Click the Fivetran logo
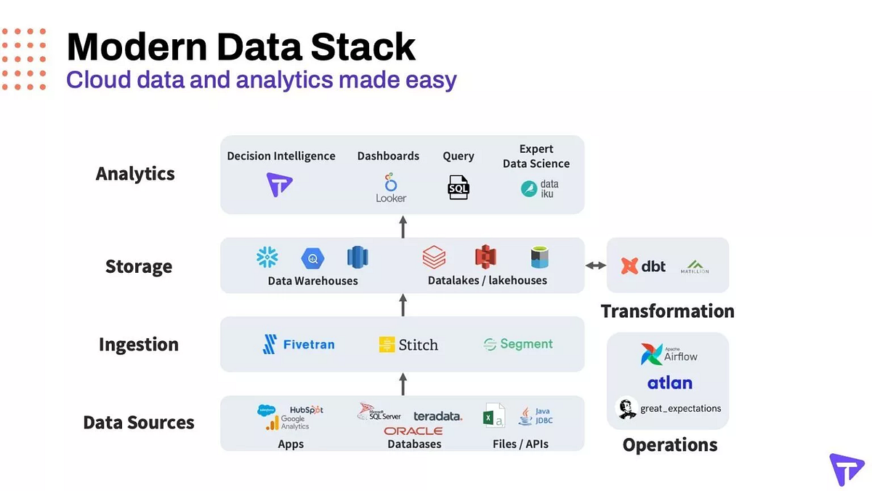(x=299, y=344)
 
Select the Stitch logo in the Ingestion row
(x=408, y=345)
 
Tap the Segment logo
(x=518, y=344)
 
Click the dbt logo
(x=644, y=266)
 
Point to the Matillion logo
(x=694, y=267)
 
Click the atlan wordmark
(x=669, y=383)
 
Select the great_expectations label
(x=680, y=408)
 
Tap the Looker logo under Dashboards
(x=391, y=187)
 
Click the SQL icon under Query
(x=459, y=188)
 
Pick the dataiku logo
(x=540, y=188)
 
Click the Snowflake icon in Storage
(x=267, y=257)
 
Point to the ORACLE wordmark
(x=413, y=431)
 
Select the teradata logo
(x=437, y=416)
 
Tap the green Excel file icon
(x=494, y=416)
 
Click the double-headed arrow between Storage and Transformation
(x=595, y=266)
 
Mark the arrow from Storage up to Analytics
(x=403, y=226)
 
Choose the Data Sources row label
(x=139, y=423)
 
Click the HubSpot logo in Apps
(x=306, y=410)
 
